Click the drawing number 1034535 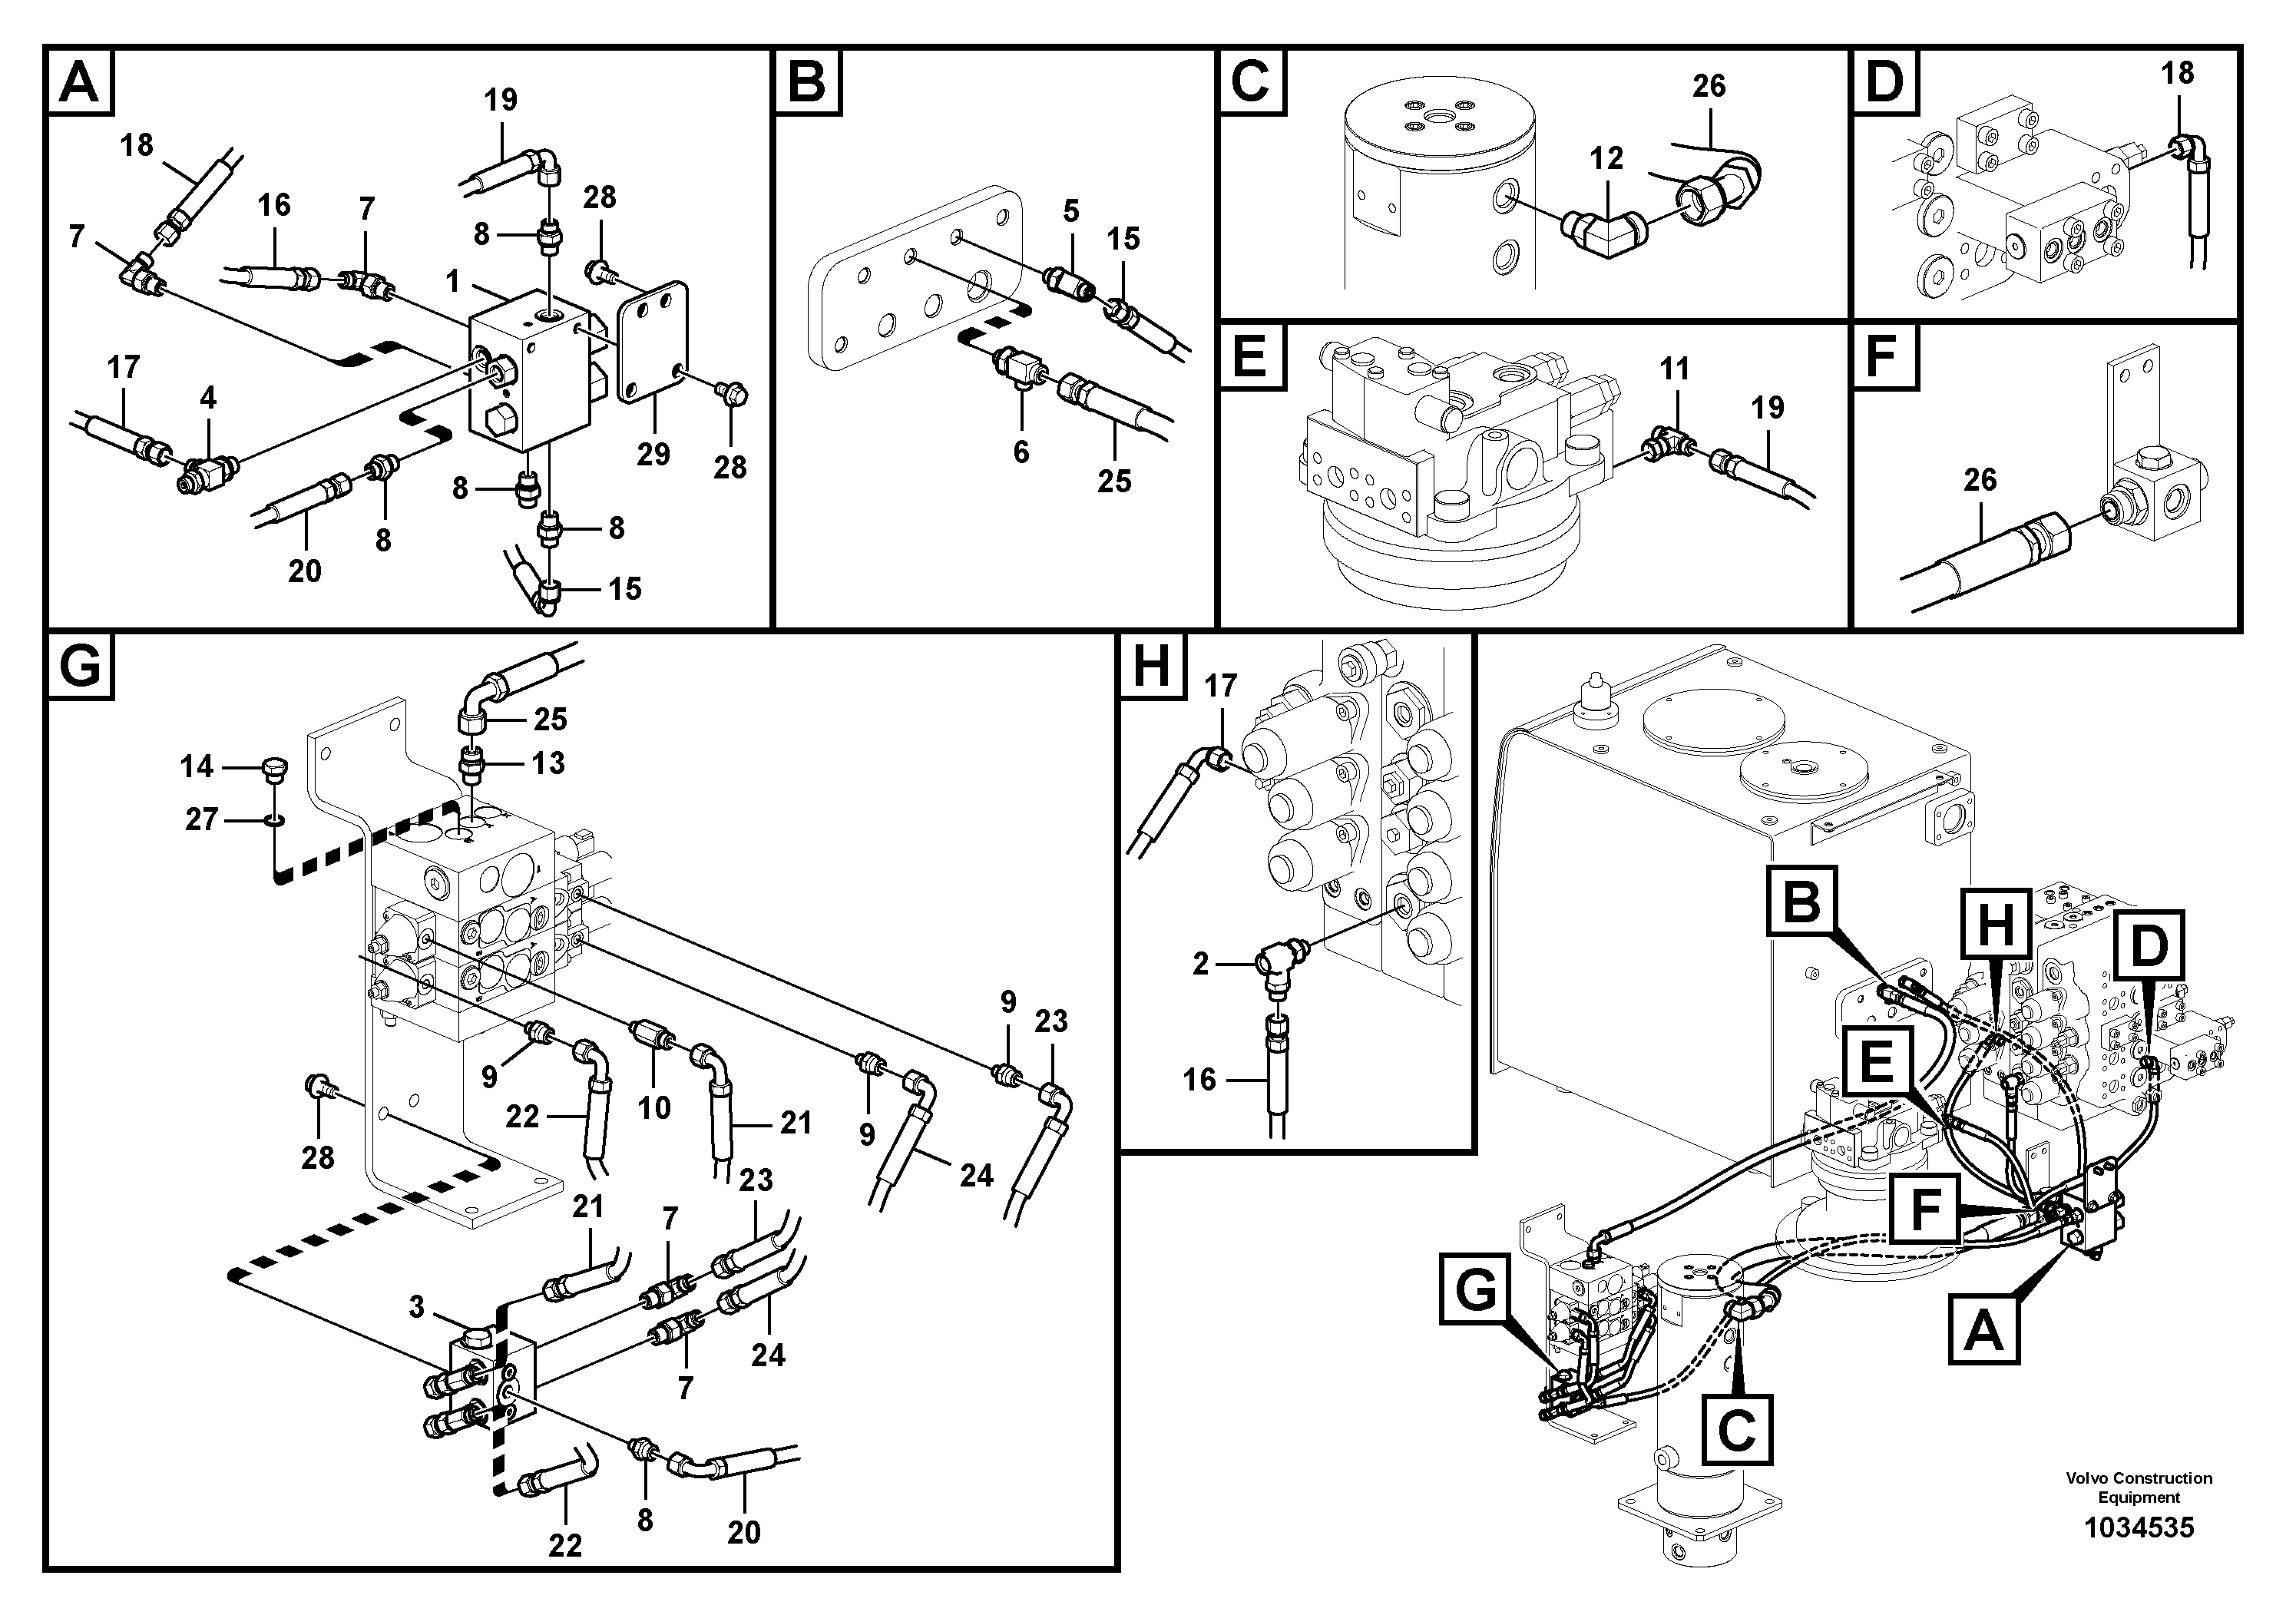coord(2139,1527)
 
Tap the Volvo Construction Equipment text coord(2139,1488)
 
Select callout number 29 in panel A coord(653,455)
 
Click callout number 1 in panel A coord(453,282)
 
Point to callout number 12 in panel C coord(1606,157)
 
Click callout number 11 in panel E coord(1674,369)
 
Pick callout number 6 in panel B coord(1021,452)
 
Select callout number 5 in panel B coord(1070,210)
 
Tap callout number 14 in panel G coord(196,766)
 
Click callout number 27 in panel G coord(201,819)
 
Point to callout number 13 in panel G coord(548,763)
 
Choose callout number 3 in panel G coord(416,1306)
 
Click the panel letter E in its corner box coord(1251,356)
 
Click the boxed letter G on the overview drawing coord(1476,1290)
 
